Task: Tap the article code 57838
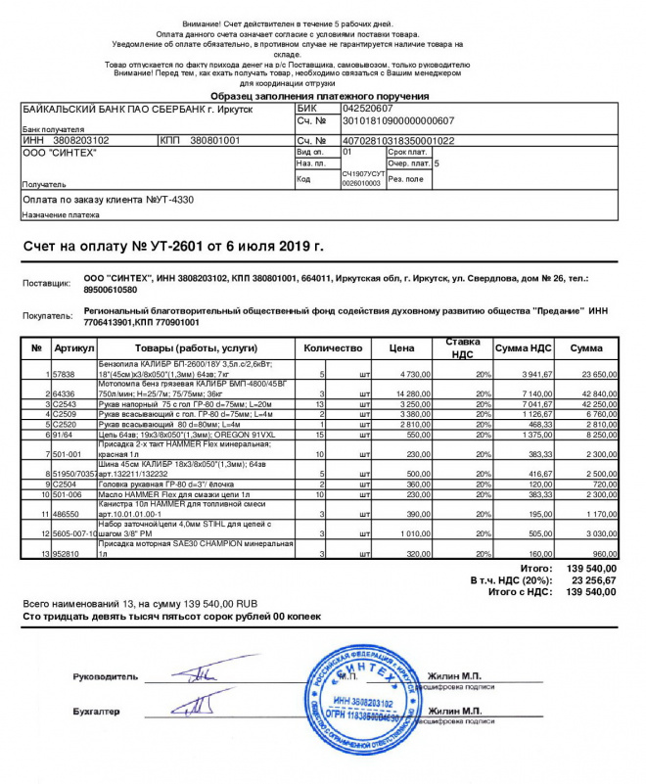click(65, 374)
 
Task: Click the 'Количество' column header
click(334, 347)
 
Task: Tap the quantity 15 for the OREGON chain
click(319, 434)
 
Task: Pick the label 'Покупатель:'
click(48, 316)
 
